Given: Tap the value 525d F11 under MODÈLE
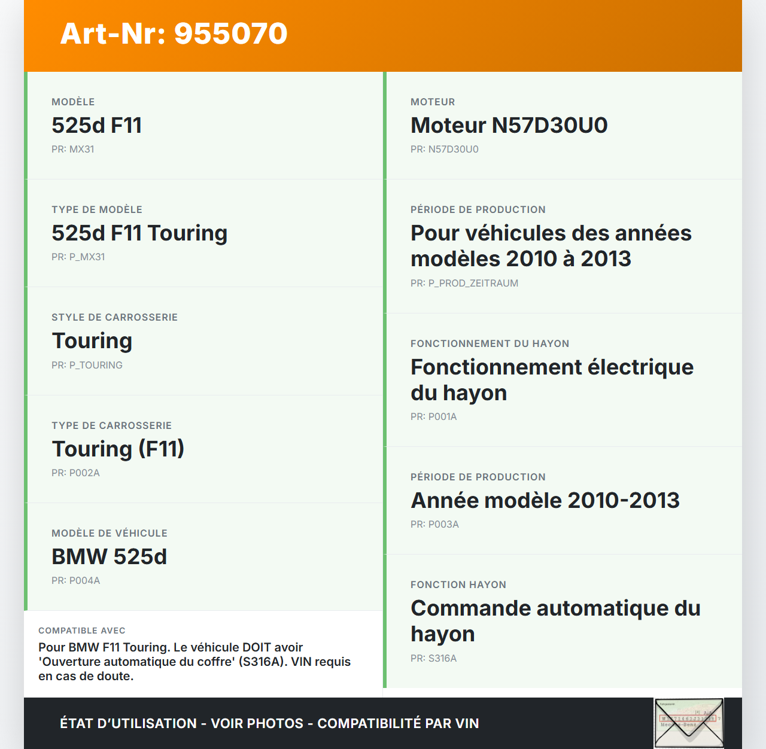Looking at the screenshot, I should click(x=97, y=126).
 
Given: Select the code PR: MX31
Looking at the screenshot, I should click(x=73, y=150).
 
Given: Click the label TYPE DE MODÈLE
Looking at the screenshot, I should click(x=97, y=209).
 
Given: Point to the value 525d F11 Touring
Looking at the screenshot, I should click(x=139, y=233).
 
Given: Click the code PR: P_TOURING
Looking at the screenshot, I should click(x=87, y=365).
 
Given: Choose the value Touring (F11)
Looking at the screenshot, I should click(x=118, y=449).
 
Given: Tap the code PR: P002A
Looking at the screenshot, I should click(x=75, y=473).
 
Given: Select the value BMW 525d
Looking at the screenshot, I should click(x=110, y=556).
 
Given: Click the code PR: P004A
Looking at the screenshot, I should click(x=75, y=580).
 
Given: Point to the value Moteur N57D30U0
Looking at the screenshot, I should click(x=509, y=126).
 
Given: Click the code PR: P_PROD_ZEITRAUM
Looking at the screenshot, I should click(x=464, y=283).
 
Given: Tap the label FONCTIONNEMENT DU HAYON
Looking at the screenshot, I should click(x=490, y=343).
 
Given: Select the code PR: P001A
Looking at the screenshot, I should click(x=433, y=416).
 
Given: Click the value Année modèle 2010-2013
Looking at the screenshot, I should click(x=545, y=501).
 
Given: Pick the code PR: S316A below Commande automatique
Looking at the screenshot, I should click(x=433, y=658).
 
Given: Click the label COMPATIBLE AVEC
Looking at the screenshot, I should click(x=82, y=631).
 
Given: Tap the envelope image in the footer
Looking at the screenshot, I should click(x=689, y=723).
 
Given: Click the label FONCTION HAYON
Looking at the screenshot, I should click(x=458, y=584).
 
